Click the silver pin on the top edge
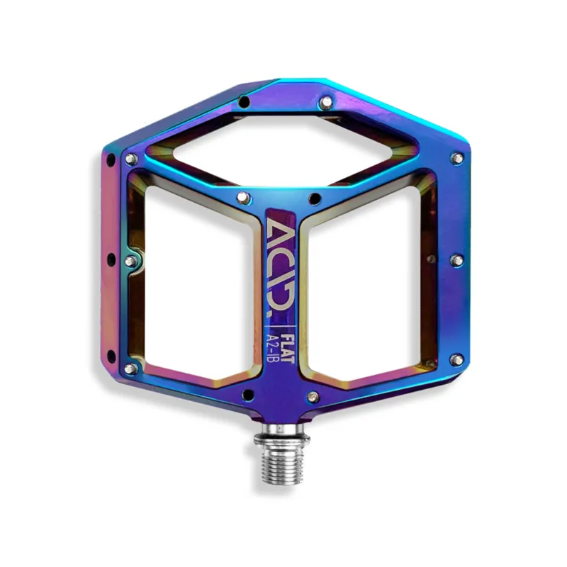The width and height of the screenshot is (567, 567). coord(325,103)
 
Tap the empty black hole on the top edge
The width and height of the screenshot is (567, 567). coord(244,103)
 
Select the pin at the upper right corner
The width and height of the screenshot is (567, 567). coord(457,158)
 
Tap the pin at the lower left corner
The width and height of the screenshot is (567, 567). coord(130,369)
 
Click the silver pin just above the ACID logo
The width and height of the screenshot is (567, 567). coord(241,196)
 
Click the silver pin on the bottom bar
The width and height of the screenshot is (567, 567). coord(313,395)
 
